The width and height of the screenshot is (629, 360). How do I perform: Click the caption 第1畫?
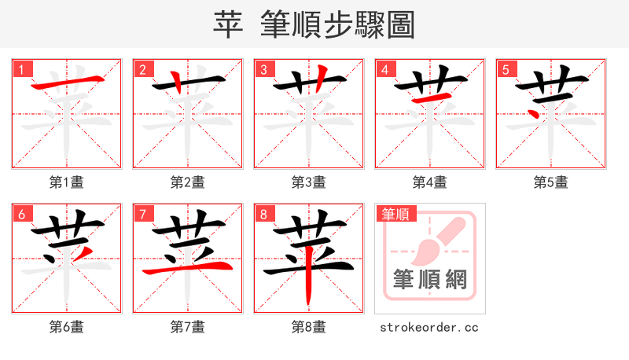[x=67, y=182]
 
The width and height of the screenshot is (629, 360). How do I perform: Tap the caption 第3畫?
[x=309, y=182]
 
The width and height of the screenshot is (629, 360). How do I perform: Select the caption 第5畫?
[x=551, y=182]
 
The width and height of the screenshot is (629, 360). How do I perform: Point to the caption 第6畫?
[x=67, y=327]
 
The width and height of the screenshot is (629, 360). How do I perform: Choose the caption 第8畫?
[x=309, y=327]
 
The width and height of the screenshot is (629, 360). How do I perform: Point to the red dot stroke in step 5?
[x=535, y=111]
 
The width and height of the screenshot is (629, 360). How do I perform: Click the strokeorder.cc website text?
[x=429, y=327]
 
